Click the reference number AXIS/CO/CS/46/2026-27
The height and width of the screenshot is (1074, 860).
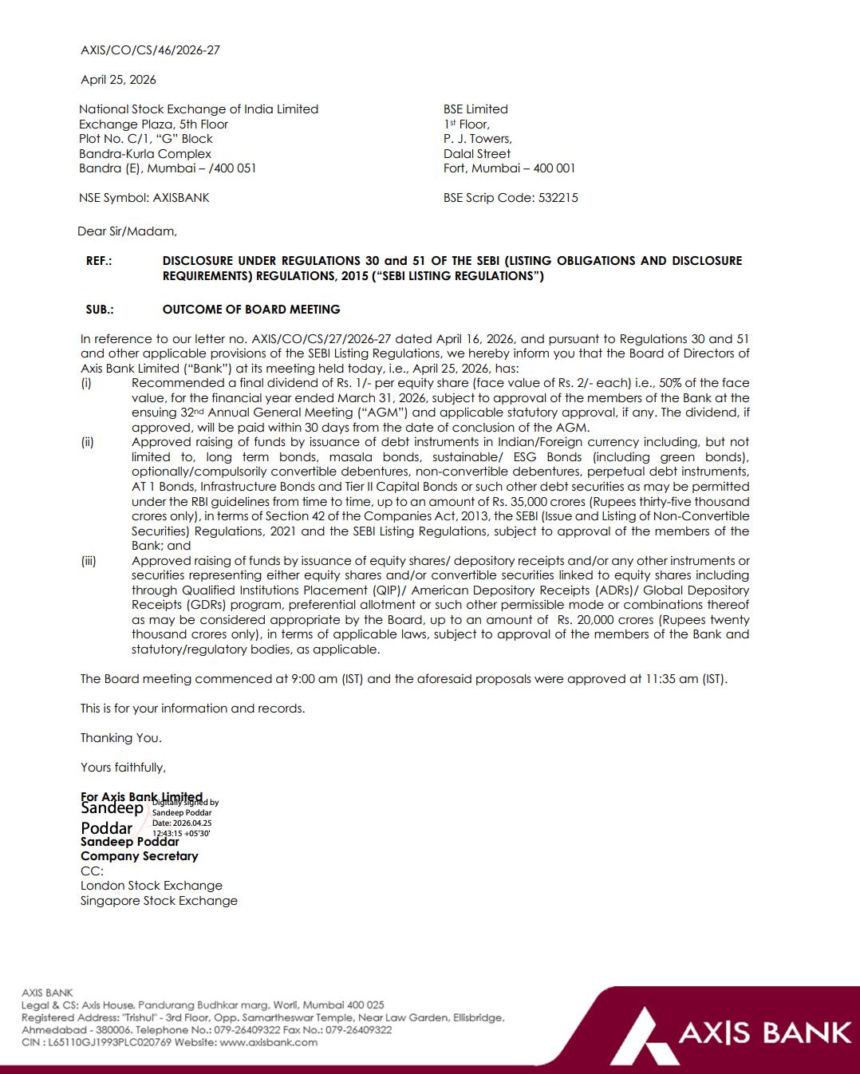tap(150, 50)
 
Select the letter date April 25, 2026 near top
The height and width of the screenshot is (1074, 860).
tap(118, 80)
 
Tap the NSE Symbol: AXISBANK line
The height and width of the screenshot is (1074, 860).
tap(144, 198)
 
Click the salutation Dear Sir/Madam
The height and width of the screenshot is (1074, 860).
tap(127, 231)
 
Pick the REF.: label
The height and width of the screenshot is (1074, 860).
tap(99, 261)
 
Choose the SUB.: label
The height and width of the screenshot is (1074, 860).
tap(100, 310)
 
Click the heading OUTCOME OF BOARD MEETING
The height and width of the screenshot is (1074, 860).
tap(251, 310)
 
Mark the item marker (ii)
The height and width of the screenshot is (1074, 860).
tap(87, 442)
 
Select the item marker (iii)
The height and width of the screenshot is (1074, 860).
tap(88, 561)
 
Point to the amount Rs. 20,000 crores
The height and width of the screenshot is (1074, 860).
tap(606, 620)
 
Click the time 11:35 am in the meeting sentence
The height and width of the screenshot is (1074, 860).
tap(672, 679)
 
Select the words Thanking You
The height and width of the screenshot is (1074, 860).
tap(120, 738)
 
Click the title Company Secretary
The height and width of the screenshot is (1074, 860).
tap(139, 856)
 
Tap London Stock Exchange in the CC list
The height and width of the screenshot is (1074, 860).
tap(151, 886)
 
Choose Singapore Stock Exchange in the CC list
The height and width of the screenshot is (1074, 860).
tap(159, 901)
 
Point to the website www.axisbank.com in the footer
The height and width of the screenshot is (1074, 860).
tap(268, 1042)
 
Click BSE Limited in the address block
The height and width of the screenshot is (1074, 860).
tap(475, 109)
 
